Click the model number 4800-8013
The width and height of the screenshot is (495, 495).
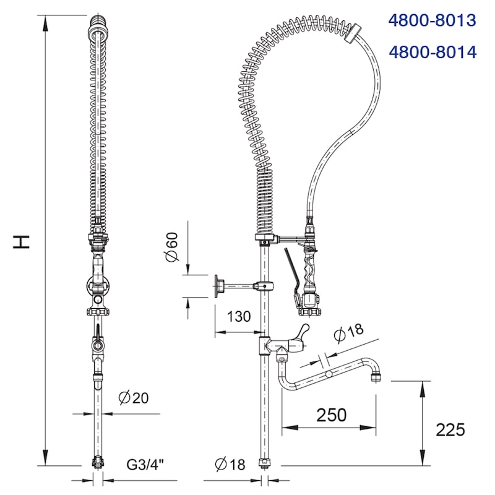tap(432, 20)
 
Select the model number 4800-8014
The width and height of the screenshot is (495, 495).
tap(433, 52)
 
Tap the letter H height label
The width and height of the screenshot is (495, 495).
tap(22, 242)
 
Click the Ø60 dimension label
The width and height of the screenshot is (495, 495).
tap(172, 246)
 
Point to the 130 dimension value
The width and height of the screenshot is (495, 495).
tap(239, 316)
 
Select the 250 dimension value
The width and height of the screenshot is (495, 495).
tap(332, 415)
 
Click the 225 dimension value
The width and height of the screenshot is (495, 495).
tap(450, 429)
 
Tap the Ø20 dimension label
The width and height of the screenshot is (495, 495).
tap(133, 398)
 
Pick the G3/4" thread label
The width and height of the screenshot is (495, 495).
tap(145, 465)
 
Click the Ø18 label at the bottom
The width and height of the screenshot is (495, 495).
tap(230, 465)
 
